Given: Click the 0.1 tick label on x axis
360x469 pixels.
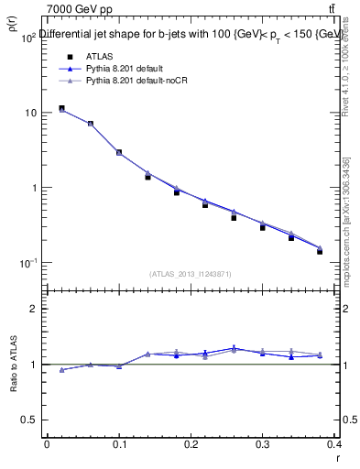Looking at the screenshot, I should click(x=119, y=443).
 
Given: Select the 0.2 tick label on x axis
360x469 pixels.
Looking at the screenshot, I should click(x=191, y=443).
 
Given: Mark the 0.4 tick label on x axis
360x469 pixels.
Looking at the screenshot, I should click(x=334, y=443).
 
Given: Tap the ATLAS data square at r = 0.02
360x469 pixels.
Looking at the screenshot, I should click(x=61, y=108).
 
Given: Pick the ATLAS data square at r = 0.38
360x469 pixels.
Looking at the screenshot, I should click(x=320, y=251).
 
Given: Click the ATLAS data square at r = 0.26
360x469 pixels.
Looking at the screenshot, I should click(x=234, y=218).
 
